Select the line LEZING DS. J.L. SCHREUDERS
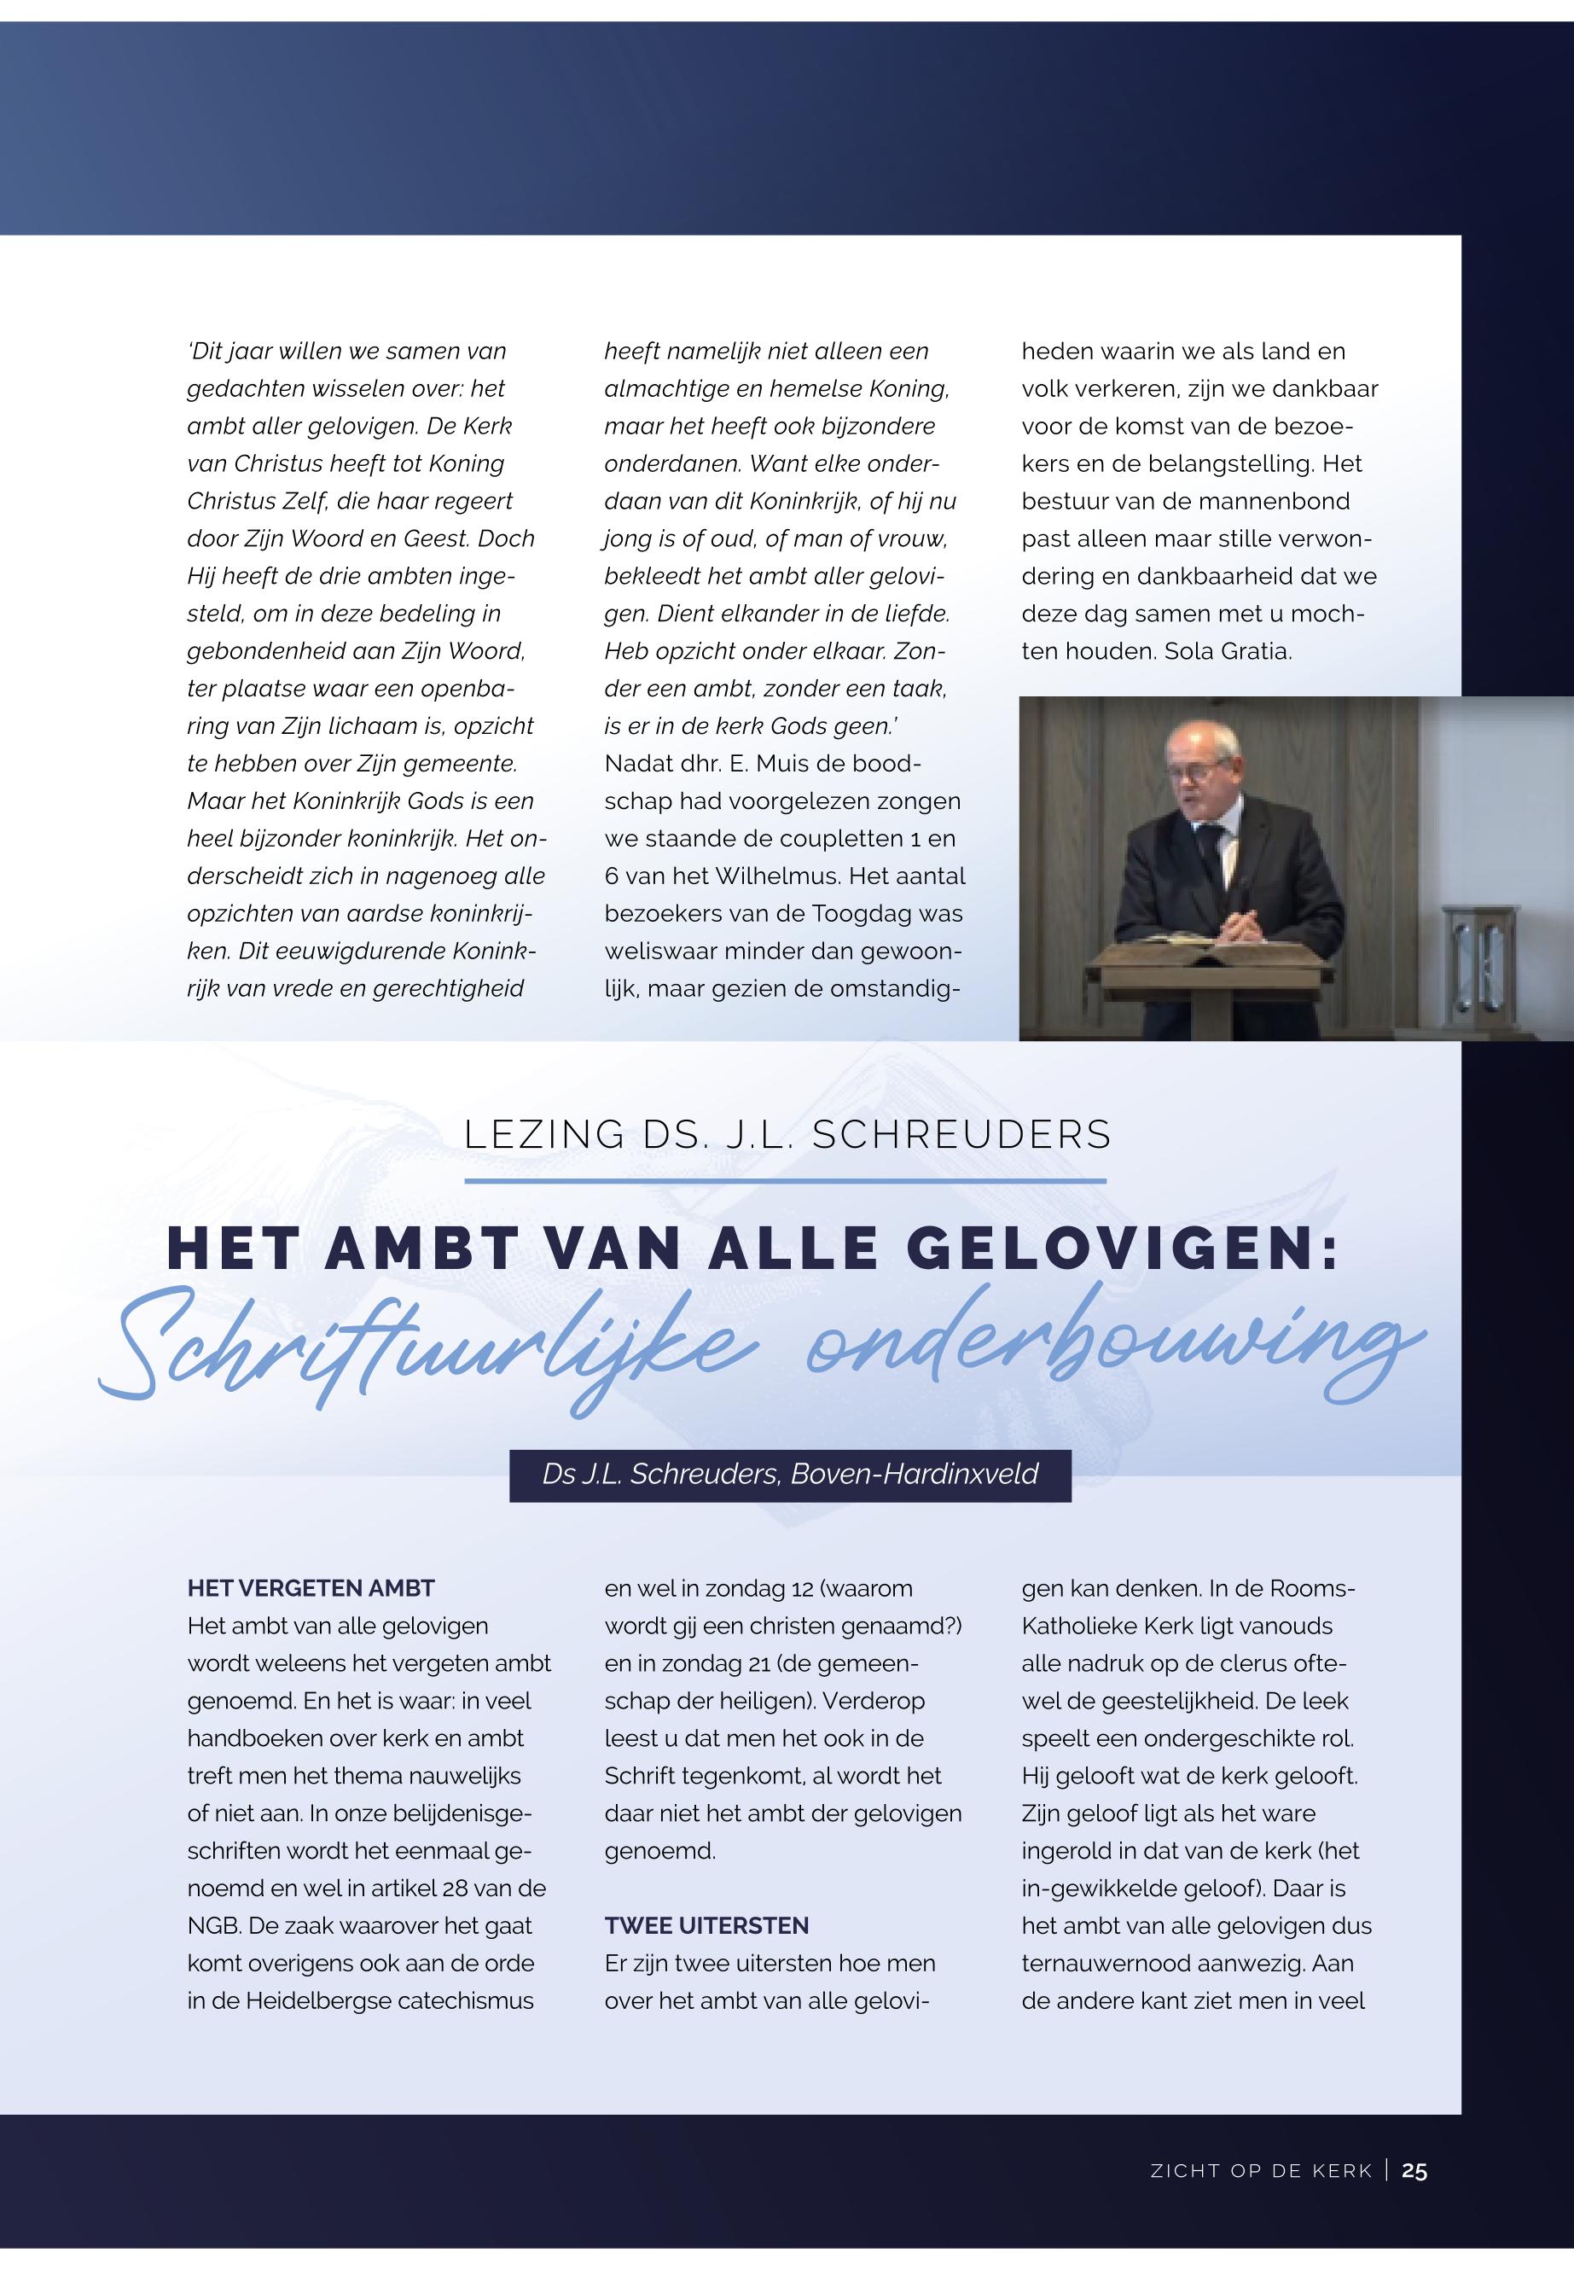pos(787,1134)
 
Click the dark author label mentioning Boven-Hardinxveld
pos(790,1474)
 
